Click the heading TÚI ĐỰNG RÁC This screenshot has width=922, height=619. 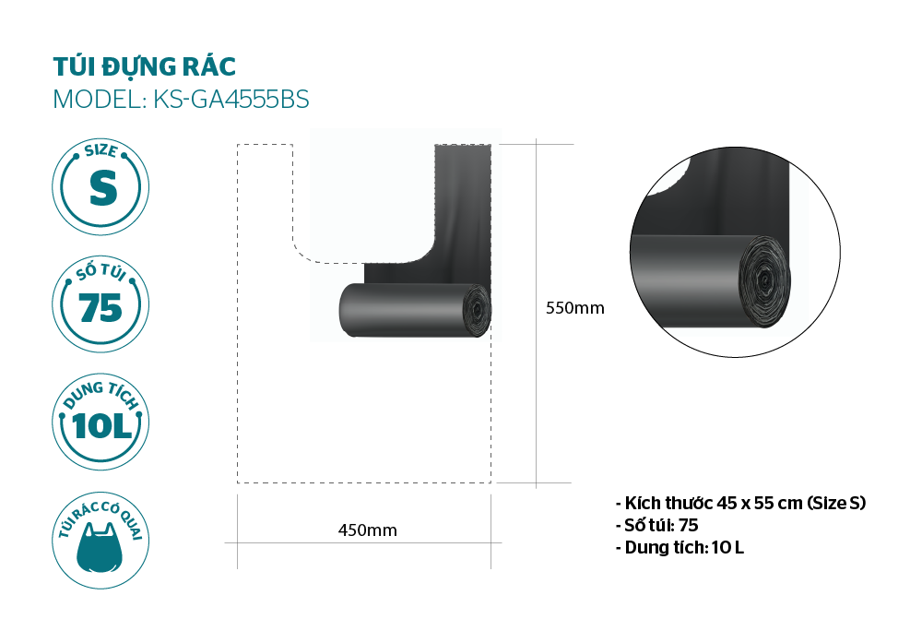point(145,65)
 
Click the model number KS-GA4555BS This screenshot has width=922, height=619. point(231,100)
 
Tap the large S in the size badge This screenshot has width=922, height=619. point(103,188)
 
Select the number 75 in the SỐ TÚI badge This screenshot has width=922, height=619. point(100,307)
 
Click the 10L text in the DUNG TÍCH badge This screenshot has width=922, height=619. point(101,425)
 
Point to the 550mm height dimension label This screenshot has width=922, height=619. point(574,308)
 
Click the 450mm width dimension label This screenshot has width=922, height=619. point(368,530)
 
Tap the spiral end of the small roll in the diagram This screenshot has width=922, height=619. point(477,310)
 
